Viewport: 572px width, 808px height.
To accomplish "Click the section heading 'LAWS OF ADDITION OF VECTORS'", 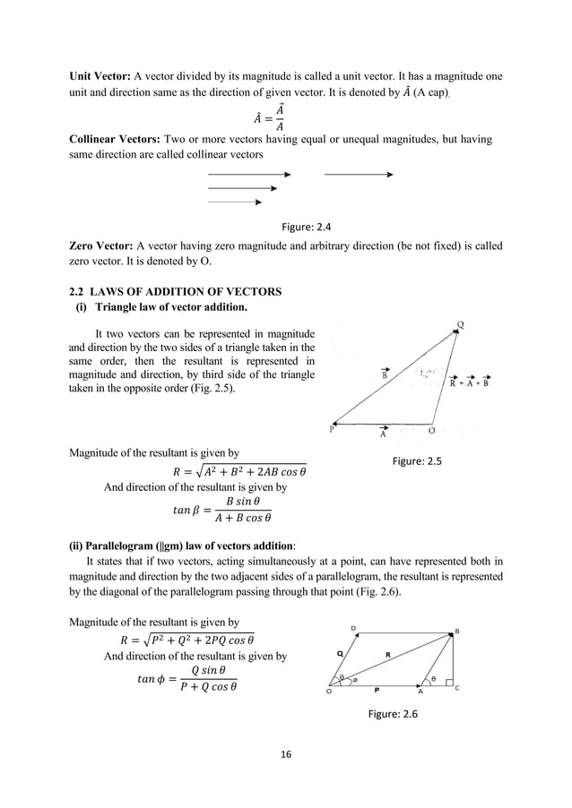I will coord(180,292).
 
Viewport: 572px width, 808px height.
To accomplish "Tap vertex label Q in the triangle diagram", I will coord(461,324).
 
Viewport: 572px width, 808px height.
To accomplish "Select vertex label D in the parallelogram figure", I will coord(353,628).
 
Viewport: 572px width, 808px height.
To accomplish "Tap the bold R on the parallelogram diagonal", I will coord(387,656).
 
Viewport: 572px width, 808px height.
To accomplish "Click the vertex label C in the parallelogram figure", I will coord(457,691).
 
